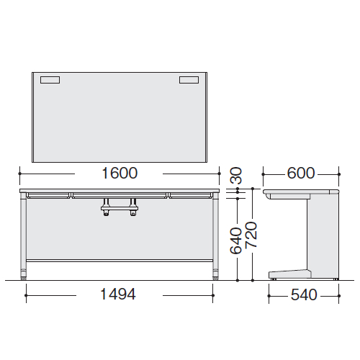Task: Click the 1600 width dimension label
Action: coord(120,173)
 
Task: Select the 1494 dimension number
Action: coord(118,294)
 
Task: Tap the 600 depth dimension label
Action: coord(300,173)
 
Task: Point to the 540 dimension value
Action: coord(304,294)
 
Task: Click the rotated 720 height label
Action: coord(251,235)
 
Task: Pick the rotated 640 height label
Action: coord(235,240)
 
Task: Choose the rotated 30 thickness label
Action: coord(236,176)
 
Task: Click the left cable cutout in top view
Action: coord(50,80)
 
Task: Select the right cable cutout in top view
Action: coord(189,80)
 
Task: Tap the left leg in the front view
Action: coord(23,236)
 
